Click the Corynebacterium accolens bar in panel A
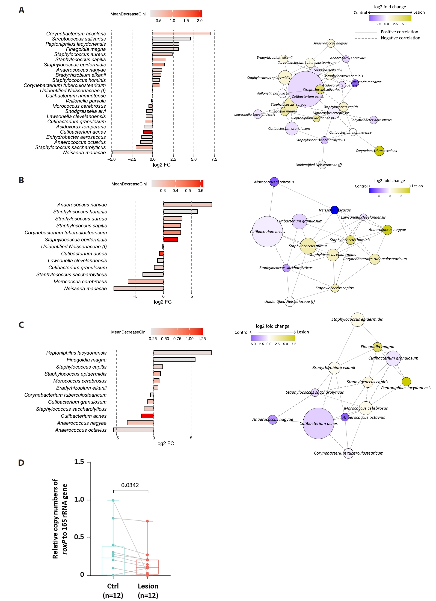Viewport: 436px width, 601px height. (181, 34)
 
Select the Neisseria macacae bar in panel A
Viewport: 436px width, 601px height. (133, 152)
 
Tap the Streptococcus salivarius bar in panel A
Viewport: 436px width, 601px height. (171, 39)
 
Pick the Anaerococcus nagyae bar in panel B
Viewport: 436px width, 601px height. (188, 205)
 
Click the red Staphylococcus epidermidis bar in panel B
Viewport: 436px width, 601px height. (171, 240)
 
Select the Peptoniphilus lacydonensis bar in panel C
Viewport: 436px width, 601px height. (182, 353)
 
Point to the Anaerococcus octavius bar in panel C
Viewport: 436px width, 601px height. (134, 430)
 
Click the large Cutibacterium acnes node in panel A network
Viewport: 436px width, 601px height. (306, 89)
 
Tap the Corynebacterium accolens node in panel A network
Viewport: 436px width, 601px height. (379, 151)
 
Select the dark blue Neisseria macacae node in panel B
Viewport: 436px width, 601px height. (334, 210)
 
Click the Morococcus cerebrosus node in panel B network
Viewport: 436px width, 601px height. (274, 182)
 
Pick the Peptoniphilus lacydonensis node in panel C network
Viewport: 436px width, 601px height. (406, 382)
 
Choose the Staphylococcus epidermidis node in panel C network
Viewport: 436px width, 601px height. (357, 320)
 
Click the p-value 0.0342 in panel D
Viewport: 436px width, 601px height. (130, 485)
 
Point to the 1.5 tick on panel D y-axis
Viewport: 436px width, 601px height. (79, 462)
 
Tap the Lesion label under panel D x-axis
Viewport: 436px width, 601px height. (148, 586)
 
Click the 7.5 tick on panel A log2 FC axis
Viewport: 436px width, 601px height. (214, 159)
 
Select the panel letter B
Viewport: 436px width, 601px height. (21, 180)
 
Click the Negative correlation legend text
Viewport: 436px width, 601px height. (400, 38)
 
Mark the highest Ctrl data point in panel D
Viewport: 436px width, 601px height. (113, 500)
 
